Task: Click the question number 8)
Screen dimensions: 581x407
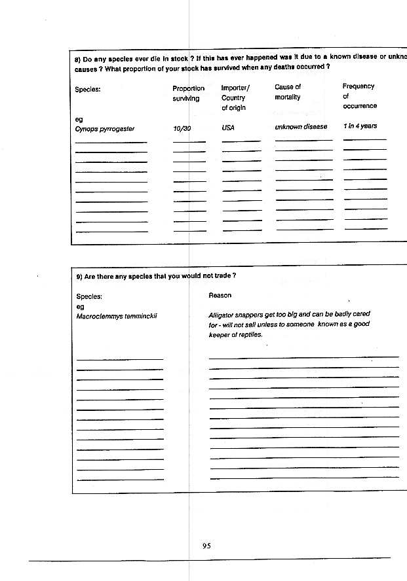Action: (x=78, y=57)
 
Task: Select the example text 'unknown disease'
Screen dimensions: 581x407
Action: (x=301, y=127)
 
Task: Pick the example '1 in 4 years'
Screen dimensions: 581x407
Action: (x=360, y=126)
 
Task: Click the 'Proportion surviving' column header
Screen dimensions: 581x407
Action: (x=188, y=94)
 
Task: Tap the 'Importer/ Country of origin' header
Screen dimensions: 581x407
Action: (x=235, y=97)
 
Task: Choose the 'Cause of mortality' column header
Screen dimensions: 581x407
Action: (x=288, y=92)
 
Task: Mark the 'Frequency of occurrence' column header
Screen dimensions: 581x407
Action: (x=359, y=96)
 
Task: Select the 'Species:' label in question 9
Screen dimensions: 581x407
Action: (x=89, y=296)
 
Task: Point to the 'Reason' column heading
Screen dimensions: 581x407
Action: (x=220, y=296)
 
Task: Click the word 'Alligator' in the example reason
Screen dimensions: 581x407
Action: (x=222, y=315)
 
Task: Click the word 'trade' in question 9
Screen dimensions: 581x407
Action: (x=222, y=276)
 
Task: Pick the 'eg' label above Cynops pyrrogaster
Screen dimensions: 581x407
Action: (x=79, y=120)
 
